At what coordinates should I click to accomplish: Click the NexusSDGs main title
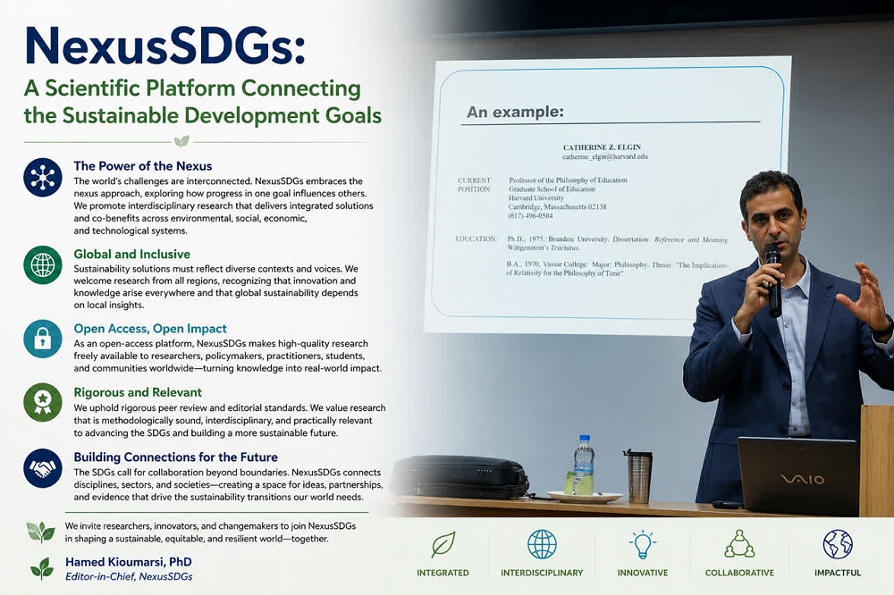coord(165,46)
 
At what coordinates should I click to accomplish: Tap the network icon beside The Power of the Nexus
coord(43,177)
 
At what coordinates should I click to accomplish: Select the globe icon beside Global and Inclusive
coord(43,265)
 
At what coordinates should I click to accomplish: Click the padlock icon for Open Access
coord(43,339)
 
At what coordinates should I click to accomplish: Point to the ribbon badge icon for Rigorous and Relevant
coord(43,402)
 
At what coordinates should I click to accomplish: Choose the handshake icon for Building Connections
coord(43,468)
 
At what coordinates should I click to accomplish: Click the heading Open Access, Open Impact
coord(150,329)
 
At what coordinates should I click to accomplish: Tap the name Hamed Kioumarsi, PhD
coord(128,562)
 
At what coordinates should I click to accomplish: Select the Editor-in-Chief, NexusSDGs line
coord(129,577)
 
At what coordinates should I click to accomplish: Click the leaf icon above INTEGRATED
coord(443,544)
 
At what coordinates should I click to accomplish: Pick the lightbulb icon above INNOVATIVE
coord(643,544)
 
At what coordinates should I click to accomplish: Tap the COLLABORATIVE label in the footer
coord(739,573)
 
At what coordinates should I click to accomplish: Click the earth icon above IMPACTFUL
coord(838,544)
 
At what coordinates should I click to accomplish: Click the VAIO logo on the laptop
coord(802,479)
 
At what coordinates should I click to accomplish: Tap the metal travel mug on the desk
coord(638,476)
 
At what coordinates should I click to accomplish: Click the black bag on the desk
coord(460,476)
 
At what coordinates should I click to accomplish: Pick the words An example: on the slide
coord(515,112)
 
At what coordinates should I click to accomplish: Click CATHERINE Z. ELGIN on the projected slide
coord(602,147)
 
